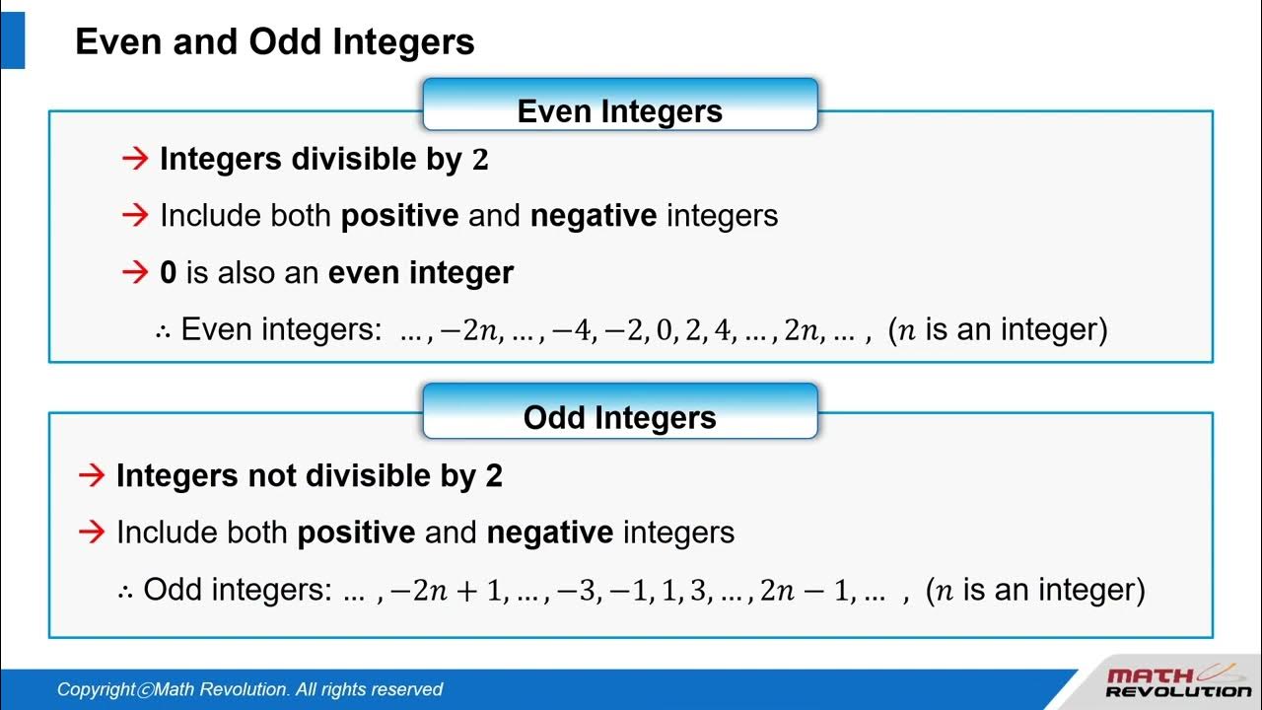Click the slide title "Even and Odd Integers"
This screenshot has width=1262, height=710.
(275, 42)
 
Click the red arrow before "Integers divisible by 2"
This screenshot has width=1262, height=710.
(134, 159)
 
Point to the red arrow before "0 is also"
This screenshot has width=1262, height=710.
(134, 272)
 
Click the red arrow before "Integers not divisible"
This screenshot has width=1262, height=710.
(92, 476)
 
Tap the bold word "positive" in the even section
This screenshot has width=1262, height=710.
(399, 216)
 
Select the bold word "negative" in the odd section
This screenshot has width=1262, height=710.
(550, 533)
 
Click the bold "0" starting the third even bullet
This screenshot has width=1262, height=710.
(168, 273)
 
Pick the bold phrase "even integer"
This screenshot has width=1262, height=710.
(421, 273)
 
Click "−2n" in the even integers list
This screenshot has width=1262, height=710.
(467, 330)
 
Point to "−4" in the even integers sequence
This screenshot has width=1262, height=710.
(573, 330)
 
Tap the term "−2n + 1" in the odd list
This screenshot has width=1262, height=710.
(446, 591)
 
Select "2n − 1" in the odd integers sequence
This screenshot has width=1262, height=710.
(804, 591)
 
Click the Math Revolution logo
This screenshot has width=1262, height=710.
(1177, 682)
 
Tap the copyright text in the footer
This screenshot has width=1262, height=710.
(249, 690)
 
